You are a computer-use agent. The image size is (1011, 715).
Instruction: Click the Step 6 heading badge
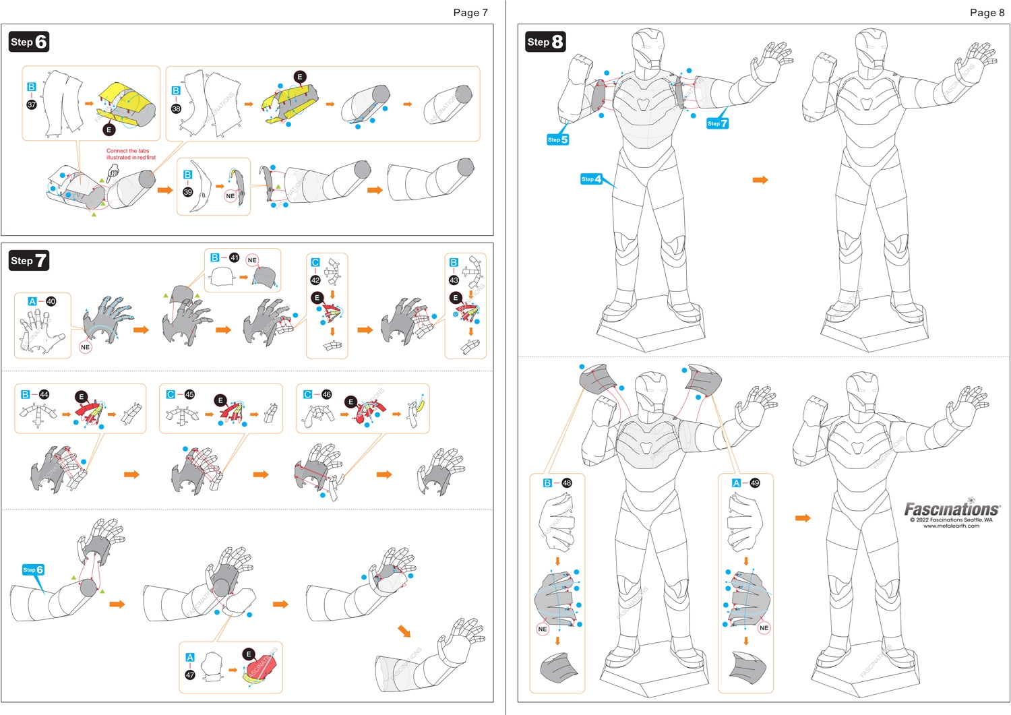click(x=28, y=42)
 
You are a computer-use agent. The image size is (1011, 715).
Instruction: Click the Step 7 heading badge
click(x=28, y=261)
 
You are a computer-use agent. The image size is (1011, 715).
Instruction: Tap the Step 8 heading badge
click(x=545, y=42)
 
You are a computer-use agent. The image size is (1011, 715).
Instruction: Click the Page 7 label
click(x=470, y=12)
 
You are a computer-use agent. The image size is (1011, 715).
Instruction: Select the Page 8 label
click(x=987, y=12)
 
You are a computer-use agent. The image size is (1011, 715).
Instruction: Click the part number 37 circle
click(x=32, y=104)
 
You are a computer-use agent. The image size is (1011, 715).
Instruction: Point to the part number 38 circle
click(x=177, y=108)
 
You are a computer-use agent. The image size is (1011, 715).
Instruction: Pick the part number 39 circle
click(x=188, y=192)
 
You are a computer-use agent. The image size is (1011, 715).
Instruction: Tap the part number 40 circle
click(x=51, y=301)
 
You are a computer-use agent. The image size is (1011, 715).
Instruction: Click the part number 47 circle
click(x=190, y=675)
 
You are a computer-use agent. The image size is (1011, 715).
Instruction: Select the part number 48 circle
click(x=567, y=483)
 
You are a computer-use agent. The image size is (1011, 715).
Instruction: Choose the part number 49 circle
click(x=755, y=483)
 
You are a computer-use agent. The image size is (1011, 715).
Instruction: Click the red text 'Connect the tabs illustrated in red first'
click(x=131, y=154)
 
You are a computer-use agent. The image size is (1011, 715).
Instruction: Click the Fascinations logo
click(x=951, y=509)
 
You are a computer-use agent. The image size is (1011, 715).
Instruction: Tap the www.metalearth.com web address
click(x=951, y=526)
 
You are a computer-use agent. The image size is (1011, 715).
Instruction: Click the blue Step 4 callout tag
click(x=591, y=179)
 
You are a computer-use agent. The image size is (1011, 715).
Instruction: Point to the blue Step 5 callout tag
click(x=557, y=139)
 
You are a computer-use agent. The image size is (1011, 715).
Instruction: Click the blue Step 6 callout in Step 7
click(x=33, y=570)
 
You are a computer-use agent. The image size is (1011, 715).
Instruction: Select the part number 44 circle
click(x=44, y=394)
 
